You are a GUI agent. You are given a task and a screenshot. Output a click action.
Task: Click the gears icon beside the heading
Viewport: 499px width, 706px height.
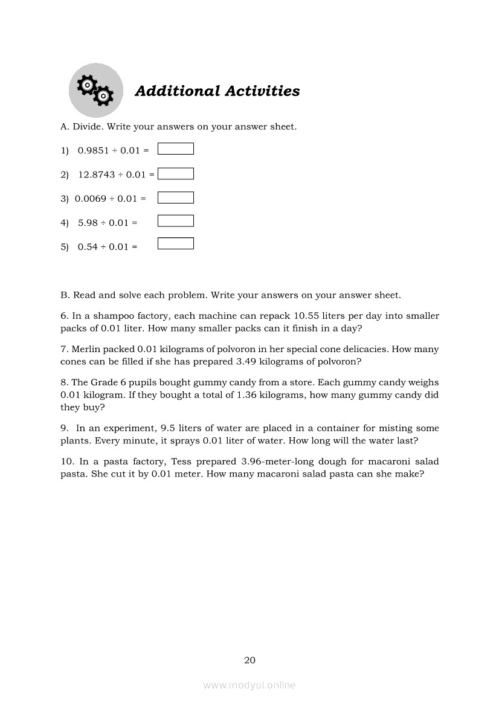tap(95, 90)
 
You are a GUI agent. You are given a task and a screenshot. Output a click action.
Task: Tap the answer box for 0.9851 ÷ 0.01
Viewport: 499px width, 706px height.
tap(175, 149)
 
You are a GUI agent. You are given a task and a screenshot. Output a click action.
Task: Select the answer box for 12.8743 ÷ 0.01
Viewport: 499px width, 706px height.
tap(175, 174)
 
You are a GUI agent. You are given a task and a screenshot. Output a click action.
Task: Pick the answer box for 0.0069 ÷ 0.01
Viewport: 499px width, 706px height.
tap(175, 197)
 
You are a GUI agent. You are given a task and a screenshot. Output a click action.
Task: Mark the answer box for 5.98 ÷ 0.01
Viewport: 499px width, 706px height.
tap(175, 221)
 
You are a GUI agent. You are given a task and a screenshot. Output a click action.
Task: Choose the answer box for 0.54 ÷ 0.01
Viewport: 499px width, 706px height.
tap(175, 243)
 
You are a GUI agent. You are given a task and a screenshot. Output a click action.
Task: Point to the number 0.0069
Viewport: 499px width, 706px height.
tap(91, 199)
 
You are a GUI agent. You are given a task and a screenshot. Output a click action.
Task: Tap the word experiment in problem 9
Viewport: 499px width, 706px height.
tap(130, 428)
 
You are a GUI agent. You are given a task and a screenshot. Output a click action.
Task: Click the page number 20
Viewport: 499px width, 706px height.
tap(249, 660)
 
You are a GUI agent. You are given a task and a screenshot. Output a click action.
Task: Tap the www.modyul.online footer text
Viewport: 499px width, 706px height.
tap(249, 685)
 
